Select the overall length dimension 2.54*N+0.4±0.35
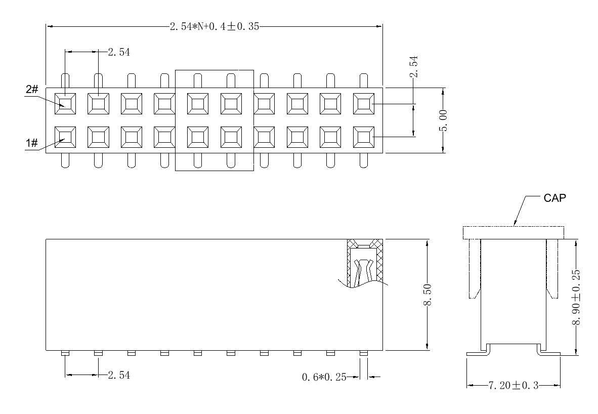214,27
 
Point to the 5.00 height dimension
443,120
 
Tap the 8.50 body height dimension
428,295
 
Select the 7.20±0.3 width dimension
513,386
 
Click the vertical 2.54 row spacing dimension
414,67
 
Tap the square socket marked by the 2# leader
65,104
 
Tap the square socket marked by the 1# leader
65,136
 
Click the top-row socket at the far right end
363,104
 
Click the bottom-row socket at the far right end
363,136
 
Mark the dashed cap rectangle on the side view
513,232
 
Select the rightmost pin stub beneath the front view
363,353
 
